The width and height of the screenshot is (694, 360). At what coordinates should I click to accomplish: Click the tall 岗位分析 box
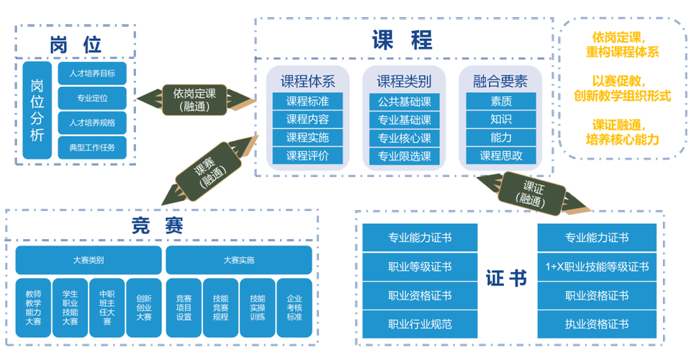(37, 109)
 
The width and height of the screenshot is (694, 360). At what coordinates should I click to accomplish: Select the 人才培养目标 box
(91, 73)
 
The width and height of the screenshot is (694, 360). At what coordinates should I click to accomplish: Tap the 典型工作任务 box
(91, 148)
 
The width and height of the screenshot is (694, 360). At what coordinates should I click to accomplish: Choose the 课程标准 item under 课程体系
(307, 101)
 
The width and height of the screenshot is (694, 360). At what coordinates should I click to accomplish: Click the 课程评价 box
(307, 156)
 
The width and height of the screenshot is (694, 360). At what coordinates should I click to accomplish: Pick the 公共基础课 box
(404, 102)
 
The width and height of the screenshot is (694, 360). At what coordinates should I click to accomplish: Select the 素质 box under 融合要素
(501, 101)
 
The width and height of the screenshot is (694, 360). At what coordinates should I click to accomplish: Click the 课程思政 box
(501, 156)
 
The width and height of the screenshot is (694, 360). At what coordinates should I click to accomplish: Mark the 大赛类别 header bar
(88, 260)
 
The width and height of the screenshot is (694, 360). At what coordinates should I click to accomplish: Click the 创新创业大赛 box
(144, 307)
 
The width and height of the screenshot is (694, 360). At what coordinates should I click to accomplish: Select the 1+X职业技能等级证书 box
(597, 267)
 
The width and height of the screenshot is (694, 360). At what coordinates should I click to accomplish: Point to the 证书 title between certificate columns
(506, 278)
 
